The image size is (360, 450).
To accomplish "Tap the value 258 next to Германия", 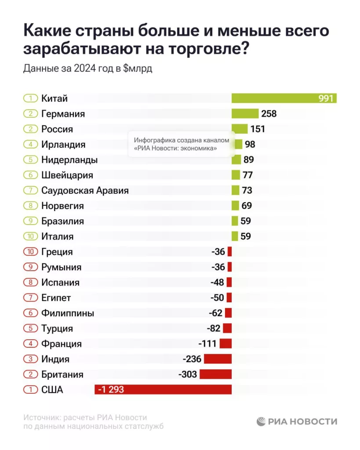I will pos(269,114).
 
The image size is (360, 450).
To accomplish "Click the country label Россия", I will pos(57,129).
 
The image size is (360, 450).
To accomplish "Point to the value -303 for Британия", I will pos(188,374).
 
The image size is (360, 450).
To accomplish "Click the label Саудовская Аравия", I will pos(85,190).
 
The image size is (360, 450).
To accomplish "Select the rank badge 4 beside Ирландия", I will pos(31,144).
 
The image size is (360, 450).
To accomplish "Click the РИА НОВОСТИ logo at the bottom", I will pos(297,421).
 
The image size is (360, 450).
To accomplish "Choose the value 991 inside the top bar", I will pos(326,98).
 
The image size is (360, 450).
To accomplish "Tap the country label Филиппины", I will pos(68,313).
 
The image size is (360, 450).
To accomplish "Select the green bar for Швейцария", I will pos(236,175).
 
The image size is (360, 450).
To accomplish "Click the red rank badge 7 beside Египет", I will pos(31,298).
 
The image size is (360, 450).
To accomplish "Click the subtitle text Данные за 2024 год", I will pos(67,69).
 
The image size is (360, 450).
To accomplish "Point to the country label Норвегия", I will pos(62,206).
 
